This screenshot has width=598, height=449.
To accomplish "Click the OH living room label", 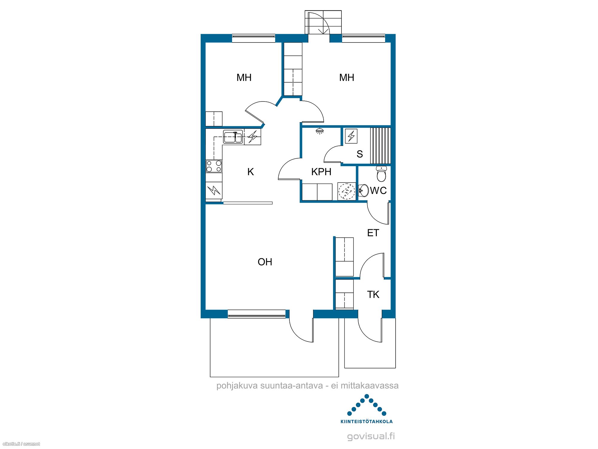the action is click(265, 262).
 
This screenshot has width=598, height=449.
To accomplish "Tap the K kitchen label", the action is click(251, 172).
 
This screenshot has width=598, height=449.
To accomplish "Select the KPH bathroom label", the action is click(321, 172).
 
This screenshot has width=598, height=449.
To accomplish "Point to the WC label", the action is click(378, 190).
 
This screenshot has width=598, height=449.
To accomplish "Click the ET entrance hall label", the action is click(373, 233).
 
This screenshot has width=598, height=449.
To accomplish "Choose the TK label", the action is click(373, 295).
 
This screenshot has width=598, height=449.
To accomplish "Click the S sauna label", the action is click(360, 154).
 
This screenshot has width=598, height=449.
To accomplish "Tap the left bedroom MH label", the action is click(244, 78).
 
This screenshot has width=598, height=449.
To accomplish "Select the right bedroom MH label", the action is click(347, 78).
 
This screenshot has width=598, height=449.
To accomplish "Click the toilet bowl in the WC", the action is click(381, 174).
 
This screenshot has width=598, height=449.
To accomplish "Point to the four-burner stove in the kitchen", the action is click(214, 166).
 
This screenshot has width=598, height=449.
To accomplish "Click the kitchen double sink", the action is click(233, 137).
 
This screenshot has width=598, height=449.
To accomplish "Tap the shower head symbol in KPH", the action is click(320, 131).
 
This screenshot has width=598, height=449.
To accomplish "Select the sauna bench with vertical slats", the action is click(380, 146).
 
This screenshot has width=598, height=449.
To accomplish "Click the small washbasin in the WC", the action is click(363, 190).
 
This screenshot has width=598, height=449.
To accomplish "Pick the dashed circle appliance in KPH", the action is click(347, 191).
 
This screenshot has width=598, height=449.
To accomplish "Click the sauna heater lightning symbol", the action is click(351, 136).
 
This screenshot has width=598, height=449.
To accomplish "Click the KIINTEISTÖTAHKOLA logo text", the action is click(367, 421).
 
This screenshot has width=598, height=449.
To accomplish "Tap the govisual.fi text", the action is click(371, 436).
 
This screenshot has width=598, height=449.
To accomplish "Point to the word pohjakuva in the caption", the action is click(237, 386).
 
